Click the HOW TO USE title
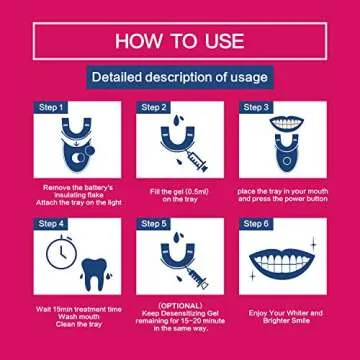[179, 40]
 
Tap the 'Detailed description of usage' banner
[179, 76]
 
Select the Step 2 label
[154, 106]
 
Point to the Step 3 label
[257, 106]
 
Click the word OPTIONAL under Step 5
[180, 306]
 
